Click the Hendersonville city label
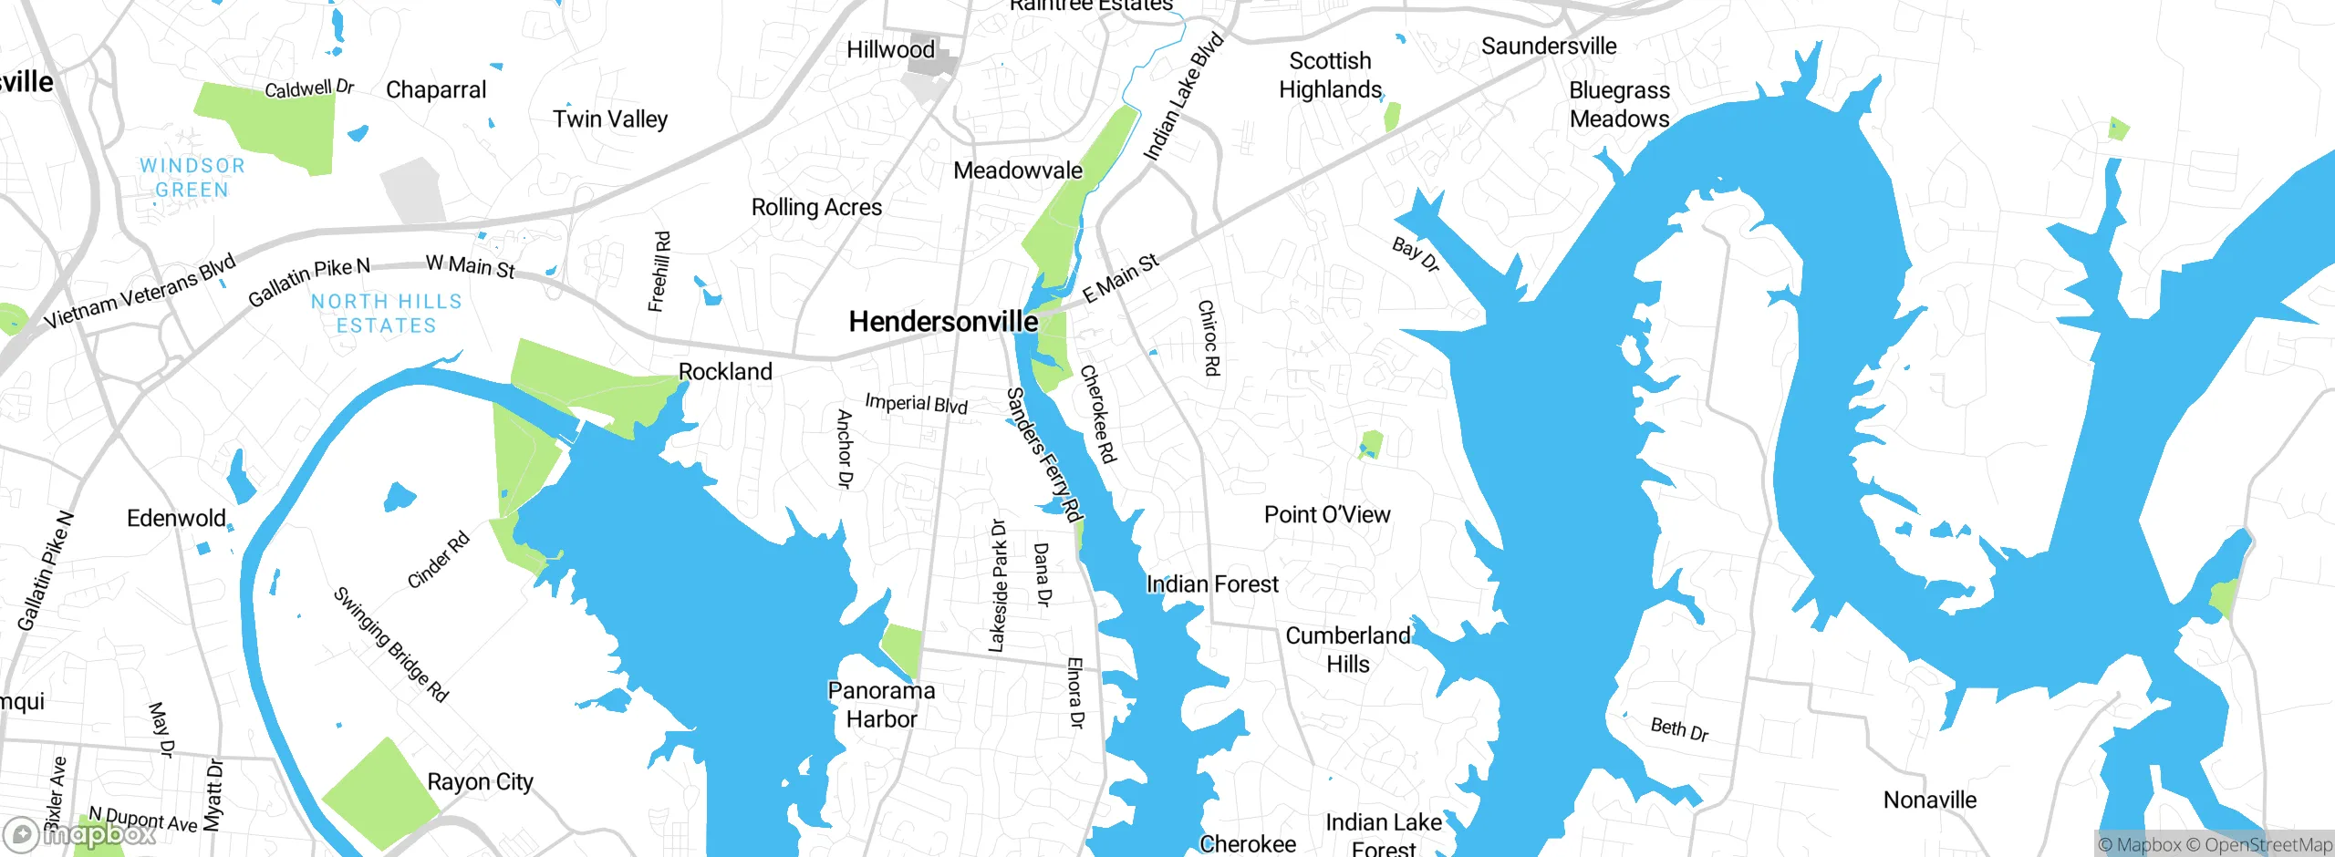click(942, 322)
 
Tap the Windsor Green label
click(192, 178)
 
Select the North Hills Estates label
click(387, 314)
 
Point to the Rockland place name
click(725, 372)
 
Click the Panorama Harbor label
click(881, 705)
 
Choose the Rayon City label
click(480, 782)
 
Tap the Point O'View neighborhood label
click(1327, 515)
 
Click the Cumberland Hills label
click(1347, 649)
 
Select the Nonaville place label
click(1930, 800)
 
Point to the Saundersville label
click(1548, 46)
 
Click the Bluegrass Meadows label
click(1619, 105)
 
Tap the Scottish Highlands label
click(1330, 76)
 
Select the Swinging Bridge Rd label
click(390, 645)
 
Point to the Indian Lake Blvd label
click(1183, 98)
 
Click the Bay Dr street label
click(1416, 254)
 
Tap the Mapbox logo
click(79, 834)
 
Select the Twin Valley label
click(610, 119)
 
